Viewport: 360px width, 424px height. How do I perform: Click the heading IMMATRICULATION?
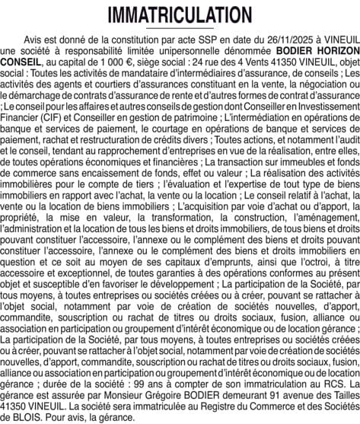click(x=180, y=15)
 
